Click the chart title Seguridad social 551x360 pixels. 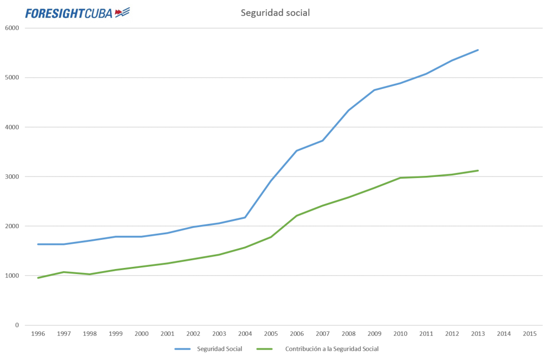pos(275,13)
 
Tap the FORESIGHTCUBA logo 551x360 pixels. pos(78,13)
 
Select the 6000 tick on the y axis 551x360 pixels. pos(12,28)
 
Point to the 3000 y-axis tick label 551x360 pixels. pos(12,176)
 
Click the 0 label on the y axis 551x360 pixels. pos(17,325)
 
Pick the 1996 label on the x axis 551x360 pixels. pos(38,334)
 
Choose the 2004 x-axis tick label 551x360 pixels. pos(245,334)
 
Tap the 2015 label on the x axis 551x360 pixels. pos(530,334)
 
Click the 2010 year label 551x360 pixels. pos(400,334)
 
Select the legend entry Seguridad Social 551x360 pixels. pos(208,349)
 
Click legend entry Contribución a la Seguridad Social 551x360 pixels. pos(318,349)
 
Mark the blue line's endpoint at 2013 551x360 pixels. pos(478,50)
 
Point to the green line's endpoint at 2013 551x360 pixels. pos(478,170)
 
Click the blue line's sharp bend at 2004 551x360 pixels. pos(245,218)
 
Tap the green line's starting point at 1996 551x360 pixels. pos(38,278)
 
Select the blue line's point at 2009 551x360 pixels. pos(374,90)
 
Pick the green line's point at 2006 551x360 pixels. pos(296,216)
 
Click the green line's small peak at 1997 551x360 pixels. pos(64,272)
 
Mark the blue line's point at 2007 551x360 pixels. pos(322,141)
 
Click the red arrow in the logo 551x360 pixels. pos(119,13)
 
